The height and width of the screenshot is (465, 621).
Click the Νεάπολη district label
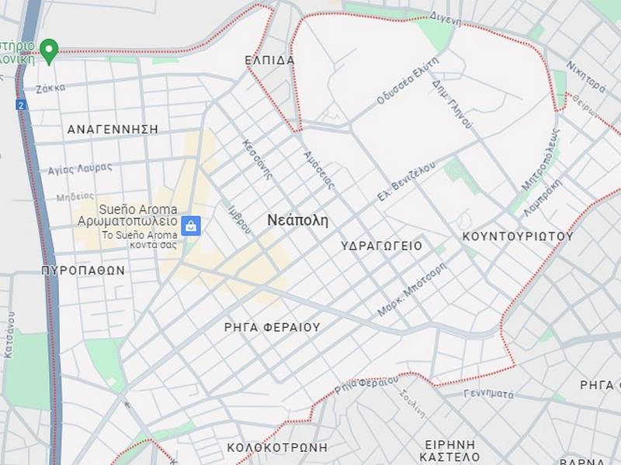point(297,220)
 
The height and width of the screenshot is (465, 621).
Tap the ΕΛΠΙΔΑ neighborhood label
point(269,60)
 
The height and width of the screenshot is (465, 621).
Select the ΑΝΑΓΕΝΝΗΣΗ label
point(113,129)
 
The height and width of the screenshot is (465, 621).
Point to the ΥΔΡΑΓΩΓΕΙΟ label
point(382,246)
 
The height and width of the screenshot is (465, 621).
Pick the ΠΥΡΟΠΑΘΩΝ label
point(83,270)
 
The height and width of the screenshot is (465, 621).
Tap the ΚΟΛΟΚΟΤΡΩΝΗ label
point(277,447)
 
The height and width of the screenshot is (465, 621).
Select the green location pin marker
point(49,50)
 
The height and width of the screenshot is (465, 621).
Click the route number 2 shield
point(20,104)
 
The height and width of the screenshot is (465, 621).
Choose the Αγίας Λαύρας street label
point(80,168)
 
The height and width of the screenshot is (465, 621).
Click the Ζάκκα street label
point(50,88)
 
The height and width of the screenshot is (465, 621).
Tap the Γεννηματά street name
point(489,394)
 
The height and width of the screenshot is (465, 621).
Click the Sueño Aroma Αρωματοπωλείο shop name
point(127,215)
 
